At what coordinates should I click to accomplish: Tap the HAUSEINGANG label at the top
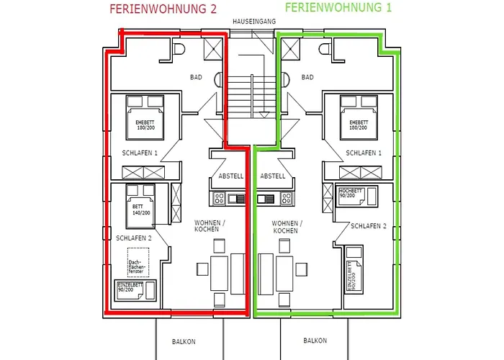[x=253, y=22]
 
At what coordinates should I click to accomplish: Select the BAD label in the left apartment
[x=196, y=77]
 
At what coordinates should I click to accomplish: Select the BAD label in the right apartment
[x=307, y=77]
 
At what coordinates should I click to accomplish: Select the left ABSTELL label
[x=230, y=176]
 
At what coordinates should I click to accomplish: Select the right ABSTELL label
[x=273, y=176]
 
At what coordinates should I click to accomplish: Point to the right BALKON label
[x=315, y=341]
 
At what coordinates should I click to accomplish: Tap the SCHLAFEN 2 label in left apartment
[x=134, y=238]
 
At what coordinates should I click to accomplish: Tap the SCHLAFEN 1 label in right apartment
[x=364, y=153]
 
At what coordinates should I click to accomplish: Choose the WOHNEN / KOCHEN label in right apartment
[x=287, y=227]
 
